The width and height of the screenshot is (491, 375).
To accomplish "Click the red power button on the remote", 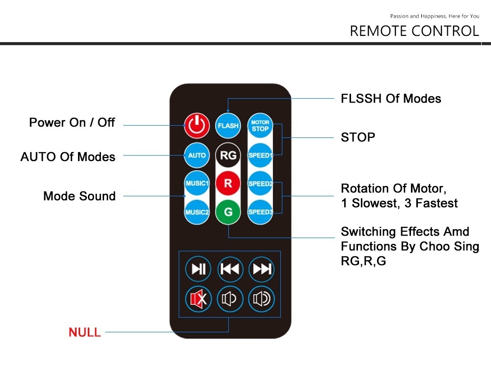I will (x=197, y=126).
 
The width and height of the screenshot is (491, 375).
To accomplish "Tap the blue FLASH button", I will (x=228, y=126).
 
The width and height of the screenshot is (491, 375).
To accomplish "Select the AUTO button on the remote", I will (x=197, y=155).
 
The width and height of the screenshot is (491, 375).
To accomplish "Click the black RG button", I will (x=228, y=155).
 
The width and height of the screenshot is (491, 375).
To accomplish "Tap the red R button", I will (x=228, y=184).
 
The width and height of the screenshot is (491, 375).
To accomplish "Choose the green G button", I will (x=228, y=213).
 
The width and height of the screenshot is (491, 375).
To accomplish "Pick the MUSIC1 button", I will (x=197, y=184).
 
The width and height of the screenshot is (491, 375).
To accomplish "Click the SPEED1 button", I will (x=260, y=155).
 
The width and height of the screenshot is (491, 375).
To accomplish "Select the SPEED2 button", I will (x=260, y=184).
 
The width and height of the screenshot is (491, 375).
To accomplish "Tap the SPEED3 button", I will (x=260, y=213).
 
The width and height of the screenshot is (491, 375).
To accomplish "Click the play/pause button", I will (x=198, y=269).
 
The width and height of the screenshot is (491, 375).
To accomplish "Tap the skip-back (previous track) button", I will (x=230, y=269).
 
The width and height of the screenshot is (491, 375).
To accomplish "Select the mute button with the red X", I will (x=198, y=298).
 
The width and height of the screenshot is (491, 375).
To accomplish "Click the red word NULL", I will (x=85, y=332).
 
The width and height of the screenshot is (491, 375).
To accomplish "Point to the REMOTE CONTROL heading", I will (x=414, y=31).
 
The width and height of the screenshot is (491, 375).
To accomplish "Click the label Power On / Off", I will (x=72, y=122).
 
